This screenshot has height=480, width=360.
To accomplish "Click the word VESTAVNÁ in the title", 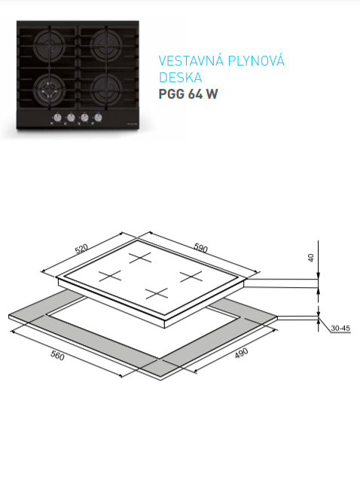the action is click(x=191, y=60).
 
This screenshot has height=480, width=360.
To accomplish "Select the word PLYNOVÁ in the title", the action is click(x=256, y=60).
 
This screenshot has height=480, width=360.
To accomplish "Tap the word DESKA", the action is click(x=180, y=78).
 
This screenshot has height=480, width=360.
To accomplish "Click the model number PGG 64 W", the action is click(x=188, y=94).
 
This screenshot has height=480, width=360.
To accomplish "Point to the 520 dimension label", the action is click(x=81, y=249).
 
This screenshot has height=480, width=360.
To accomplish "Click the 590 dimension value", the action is click(x=201, y=248).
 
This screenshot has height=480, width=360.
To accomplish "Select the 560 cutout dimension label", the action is click(x=57, y=356).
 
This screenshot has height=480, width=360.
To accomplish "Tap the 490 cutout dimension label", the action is click(x=241, y=353).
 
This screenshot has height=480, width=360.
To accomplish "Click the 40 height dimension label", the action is click(x=311, y=258).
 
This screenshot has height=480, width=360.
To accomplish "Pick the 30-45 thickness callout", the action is click(x=340, y=329).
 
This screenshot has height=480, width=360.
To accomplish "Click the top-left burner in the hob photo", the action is click(x=49, y=46).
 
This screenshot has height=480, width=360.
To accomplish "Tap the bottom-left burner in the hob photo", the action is click(x=49, y=89).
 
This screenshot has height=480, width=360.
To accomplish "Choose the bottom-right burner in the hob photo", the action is click(x=106, y=89).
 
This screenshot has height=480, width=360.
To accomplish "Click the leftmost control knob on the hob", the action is click(x=57, y=118).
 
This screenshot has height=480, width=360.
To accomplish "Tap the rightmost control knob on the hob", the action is click(x=98, y=118).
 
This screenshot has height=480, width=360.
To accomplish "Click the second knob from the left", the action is click(x=71, y=118).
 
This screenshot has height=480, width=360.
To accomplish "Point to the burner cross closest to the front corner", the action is click(x=157, y=293).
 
